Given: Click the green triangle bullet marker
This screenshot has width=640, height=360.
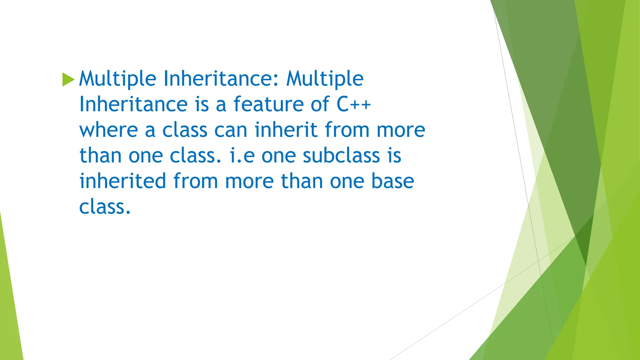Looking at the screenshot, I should pos(68,79).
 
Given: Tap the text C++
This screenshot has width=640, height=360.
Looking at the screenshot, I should pos(353,104).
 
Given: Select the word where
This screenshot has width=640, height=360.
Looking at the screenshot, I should pos(108,130).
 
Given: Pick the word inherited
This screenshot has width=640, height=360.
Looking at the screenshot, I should pos(122,181).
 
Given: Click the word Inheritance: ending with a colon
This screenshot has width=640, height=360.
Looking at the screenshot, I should pos(221,79).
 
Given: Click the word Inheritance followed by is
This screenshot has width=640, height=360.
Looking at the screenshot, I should pos(133,104).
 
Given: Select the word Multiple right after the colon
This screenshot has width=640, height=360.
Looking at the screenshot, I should pos(325,79).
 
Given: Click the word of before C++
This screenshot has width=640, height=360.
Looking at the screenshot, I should pos(320,104).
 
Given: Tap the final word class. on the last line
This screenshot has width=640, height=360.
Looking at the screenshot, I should pos(105,207).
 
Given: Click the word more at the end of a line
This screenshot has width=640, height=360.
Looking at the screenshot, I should pos(401,130).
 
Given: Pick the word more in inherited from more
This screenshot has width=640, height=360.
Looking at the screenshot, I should pos(249,181).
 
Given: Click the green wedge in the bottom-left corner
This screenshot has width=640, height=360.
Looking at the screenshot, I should pos(9,312).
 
